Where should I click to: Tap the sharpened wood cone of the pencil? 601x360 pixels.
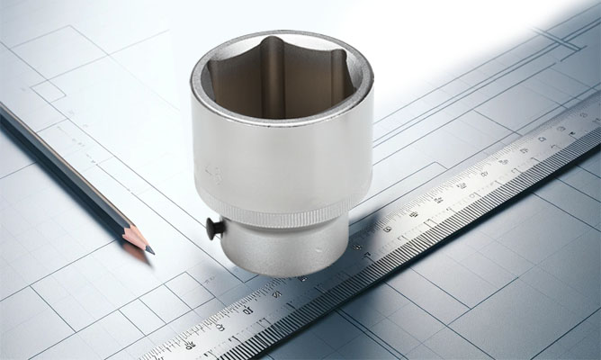click(x=138, y=238)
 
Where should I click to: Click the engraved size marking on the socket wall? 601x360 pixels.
click(x=212, y=173)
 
